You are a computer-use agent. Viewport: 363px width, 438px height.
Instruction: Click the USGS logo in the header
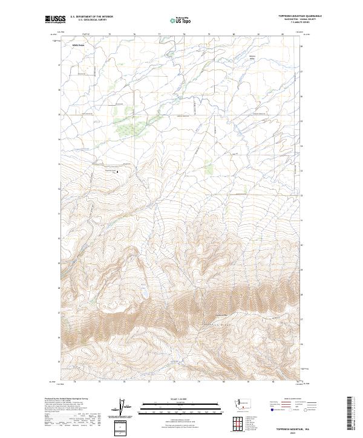click(x=54, y=19)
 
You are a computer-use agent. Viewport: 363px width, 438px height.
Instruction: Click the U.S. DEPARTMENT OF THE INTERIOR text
click(x=91, y=17)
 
